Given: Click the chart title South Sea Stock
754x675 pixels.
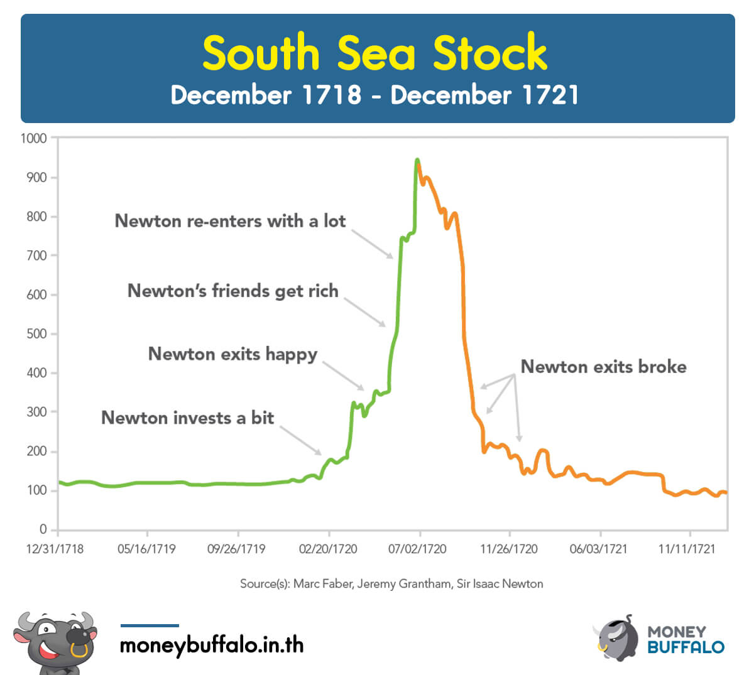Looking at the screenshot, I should [x=375, y=53].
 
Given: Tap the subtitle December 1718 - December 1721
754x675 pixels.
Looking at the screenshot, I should [x=374, y=95].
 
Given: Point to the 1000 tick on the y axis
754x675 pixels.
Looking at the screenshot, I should [x=34, y=138].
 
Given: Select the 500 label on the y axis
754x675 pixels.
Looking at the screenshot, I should [x=37, y=334].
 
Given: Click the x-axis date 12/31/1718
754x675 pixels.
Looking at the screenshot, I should [x=55, y=549].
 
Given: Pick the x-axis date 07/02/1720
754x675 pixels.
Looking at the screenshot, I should [x=417, y=549].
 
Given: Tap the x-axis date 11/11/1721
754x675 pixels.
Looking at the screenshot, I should [x=687, y=549].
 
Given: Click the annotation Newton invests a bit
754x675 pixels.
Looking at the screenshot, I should [x=188, y=418].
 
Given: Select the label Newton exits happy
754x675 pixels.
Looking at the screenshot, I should [x=232, y=354].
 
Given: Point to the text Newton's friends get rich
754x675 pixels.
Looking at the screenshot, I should [x=233, y=291].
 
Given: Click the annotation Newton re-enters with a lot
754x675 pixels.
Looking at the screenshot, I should [x=230, y=221].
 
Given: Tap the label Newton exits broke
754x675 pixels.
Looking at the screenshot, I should [x=603, y=367].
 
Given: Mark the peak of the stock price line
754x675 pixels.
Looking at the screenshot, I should [x=417, y=161].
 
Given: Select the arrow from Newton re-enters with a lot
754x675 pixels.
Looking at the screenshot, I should [x=373, y=244].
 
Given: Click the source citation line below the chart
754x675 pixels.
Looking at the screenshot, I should [x=391, y=584].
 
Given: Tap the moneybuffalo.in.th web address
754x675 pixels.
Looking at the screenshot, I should [x=212, y=645].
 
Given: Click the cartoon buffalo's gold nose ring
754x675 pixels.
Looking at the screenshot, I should [x=79, y=650].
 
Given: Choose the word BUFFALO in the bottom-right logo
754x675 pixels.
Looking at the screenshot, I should [x=686, y=647].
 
